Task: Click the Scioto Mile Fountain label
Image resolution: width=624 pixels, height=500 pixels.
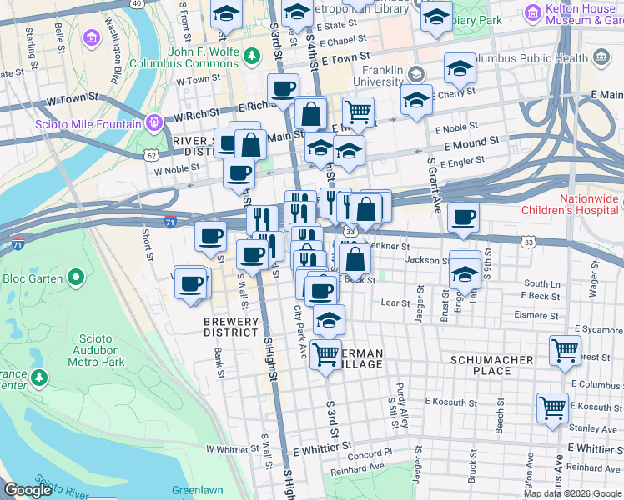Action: pyautogui.click(x=88, y=125)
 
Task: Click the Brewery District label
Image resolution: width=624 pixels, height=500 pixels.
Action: pyautogui.click(x=230, y=327)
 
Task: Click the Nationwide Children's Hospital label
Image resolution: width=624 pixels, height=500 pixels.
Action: pyautogui.click(x=588, y=204)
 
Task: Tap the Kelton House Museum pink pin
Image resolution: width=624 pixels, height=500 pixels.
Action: pyautogui.click(x=532, y=12)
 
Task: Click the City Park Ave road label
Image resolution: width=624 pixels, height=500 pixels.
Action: pyautogui.click(x=300, y=332)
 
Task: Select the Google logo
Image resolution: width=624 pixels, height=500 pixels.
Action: pyautogui.click(x=28, y=490)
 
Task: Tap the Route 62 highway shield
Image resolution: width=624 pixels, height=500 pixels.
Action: pyautogui.click(x=150, y=155)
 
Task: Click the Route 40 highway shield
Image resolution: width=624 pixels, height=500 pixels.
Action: pyautogui.click(x=137, y=3)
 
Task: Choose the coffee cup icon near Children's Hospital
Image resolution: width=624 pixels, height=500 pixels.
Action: pyautogui.click(x=463, y=217)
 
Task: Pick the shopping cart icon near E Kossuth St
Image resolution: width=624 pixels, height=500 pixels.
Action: pyautogui.click(x=552, y=407)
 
